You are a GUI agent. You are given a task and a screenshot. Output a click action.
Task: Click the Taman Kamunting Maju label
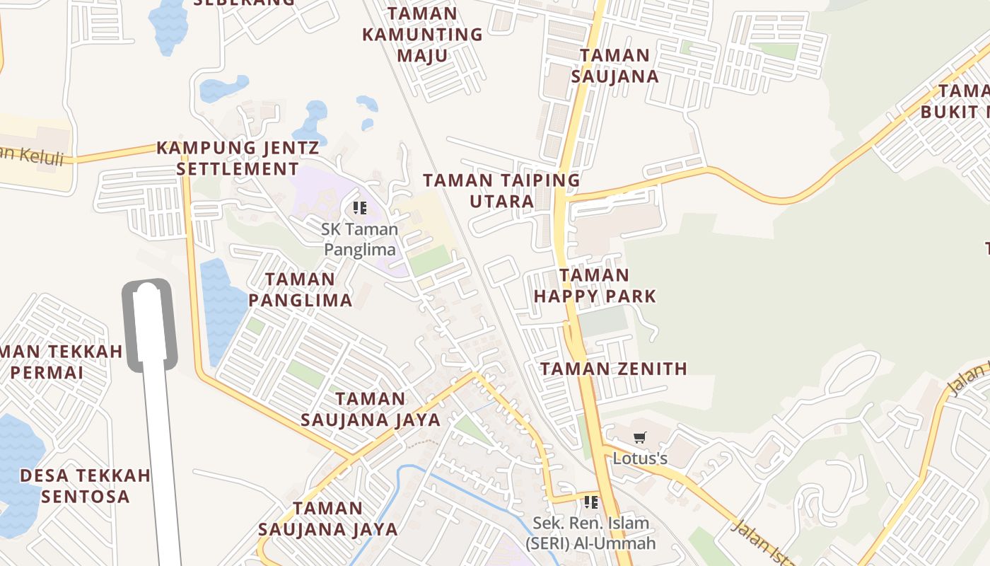point(422,34)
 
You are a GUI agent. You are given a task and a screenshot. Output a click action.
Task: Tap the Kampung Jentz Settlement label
point(238,158)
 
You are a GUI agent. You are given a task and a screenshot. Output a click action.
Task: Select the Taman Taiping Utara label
point(501,190)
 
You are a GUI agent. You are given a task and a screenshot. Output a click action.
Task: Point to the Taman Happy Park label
point(595,285)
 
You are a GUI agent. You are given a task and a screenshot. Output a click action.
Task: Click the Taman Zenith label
point(614,369)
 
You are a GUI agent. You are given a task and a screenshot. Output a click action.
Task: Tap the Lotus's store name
point(640,458)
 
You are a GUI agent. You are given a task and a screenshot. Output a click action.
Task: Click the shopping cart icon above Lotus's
point(640,438)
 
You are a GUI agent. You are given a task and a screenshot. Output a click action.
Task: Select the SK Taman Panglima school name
point(360,239)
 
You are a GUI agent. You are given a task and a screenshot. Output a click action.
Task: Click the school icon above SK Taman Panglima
point(360,208)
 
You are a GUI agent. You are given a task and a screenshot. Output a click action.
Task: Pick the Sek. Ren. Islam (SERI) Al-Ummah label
point(590,533)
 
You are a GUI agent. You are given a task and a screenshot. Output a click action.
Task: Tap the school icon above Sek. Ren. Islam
point(591,502)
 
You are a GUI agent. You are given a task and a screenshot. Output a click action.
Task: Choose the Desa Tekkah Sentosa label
point(85,485)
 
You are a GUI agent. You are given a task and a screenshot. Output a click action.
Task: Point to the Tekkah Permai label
point(57,362)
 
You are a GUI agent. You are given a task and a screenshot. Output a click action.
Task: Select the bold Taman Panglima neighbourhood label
point(301,289)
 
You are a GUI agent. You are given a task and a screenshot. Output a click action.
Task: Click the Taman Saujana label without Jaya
point(615,66)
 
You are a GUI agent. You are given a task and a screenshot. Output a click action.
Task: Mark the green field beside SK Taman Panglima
point(429,260)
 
